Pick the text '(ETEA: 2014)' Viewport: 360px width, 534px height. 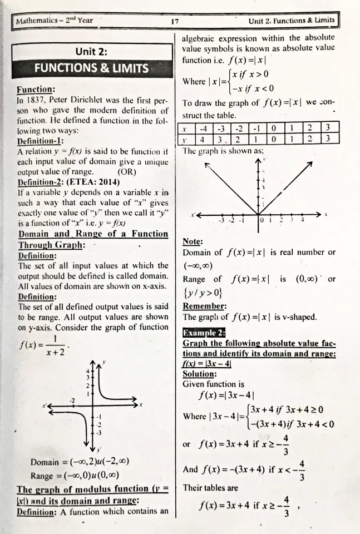pos(96,181)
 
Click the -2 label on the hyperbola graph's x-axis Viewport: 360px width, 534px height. pos(72,400)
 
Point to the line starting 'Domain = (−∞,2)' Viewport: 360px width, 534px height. pos(80,462)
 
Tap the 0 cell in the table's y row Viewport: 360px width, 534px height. pos(272,138)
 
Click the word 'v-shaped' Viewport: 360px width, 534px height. pos(298,317)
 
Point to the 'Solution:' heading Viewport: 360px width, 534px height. pos(200,374)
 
